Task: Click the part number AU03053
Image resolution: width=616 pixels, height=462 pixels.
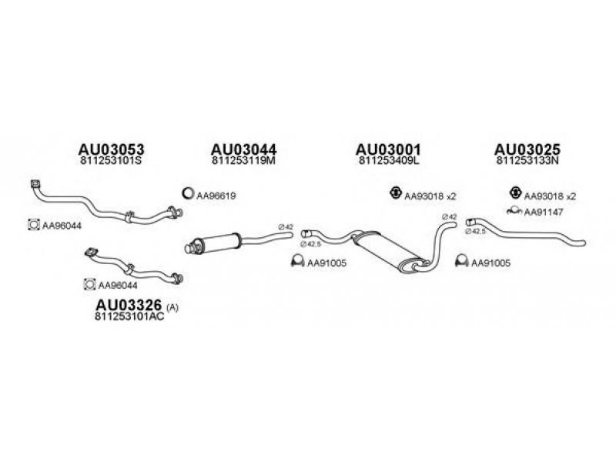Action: [112, 149]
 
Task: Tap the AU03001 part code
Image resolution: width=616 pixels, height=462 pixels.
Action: [389, 149]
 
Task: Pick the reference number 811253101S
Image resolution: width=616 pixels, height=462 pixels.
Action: [112, 162]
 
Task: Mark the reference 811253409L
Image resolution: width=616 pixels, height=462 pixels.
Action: [389, 162]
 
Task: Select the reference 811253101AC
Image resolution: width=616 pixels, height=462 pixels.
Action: [129, 316]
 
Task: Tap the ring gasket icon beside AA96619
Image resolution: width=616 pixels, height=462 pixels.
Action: [187, 195]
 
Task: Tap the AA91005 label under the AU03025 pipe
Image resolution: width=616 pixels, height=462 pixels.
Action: [491, 263]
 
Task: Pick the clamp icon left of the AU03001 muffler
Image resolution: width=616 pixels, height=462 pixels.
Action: [295, 263]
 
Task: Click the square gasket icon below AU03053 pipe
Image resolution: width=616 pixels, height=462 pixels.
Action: [33, 225]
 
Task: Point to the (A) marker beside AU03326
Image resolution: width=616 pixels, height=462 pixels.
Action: [172, 306]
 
